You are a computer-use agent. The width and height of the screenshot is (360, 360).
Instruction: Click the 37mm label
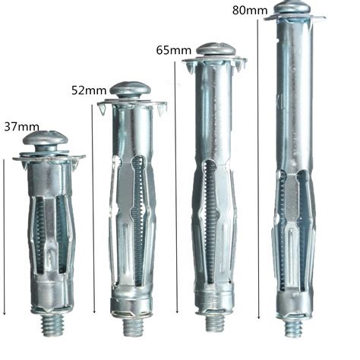tap(20, 125)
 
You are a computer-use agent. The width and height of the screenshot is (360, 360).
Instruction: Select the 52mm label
tap(89, 90)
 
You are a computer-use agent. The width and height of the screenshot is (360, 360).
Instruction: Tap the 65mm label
tap(173, 51)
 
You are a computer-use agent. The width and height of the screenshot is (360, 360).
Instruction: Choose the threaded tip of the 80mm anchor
tap(295, 329)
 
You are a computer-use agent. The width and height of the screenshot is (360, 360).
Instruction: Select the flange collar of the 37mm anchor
tap(47, 159)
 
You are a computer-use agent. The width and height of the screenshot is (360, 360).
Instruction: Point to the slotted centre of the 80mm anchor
tap(295, 228)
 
